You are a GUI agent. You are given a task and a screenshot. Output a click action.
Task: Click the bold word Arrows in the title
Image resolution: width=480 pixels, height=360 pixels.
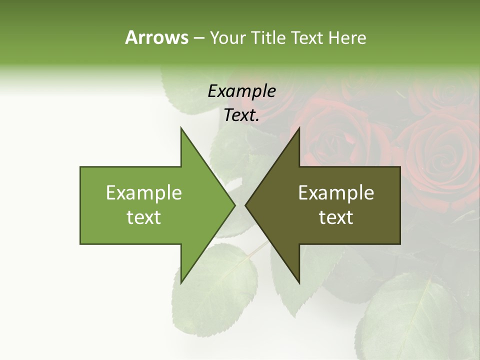[156, 37]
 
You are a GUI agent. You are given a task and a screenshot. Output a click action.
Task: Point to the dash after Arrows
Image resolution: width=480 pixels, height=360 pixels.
[198, 38]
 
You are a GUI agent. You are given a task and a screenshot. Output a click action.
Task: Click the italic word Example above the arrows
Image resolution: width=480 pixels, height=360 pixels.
[241, 91]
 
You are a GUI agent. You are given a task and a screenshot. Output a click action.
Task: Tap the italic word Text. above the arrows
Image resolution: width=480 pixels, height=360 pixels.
[241, 115]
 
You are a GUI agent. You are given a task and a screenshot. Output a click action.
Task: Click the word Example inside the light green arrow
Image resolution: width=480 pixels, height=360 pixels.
[144, 192]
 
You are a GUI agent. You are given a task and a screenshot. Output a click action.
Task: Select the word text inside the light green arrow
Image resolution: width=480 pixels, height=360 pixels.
[144, 217]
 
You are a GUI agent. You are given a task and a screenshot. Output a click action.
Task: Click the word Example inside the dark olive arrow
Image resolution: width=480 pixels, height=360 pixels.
[336, 192]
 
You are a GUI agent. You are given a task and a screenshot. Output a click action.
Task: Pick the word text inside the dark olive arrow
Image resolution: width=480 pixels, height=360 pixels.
[336, 217]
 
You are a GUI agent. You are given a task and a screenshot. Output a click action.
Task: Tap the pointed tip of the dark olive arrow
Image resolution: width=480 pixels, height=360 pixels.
[246, 205]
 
